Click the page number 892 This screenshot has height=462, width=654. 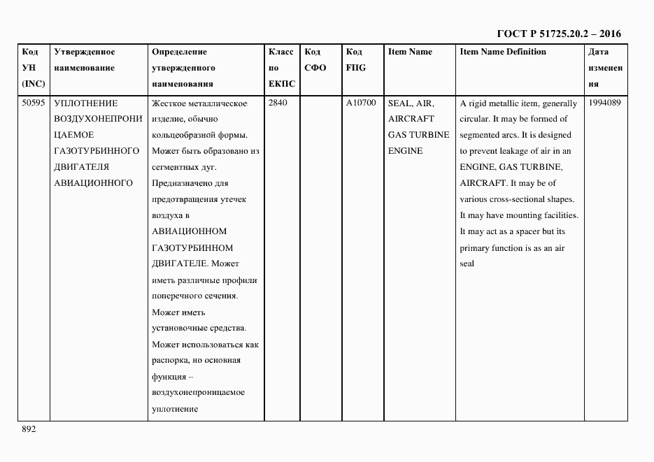[29, 429]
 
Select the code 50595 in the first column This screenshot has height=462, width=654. [34, 103]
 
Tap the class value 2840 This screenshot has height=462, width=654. [278, 103]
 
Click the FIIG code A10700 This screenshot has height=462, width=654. [361, 103]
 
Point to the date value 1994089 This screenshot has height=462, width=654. [605, 103]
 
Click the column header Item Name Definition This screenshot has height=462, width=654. [503, 52]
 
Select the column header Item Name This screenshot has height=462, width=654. [410, 52]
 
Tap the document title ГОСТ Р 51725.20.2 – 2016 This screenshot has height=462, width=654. [558, 34]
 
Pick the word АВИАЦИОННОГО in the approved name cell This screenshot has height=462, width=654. [93, 183]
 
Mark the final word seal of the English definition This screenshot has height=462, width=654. [467, 264]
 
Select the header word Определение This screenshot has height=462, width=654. [179, 52]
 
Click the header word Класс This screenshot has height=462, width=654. [280, 52]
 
